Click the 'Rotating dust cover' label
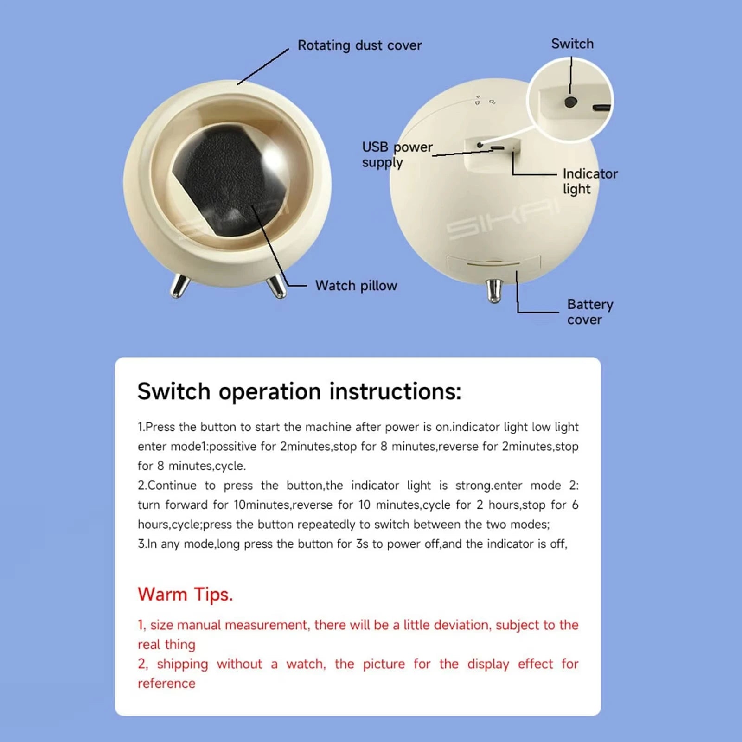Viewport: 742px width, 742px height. point(359,45)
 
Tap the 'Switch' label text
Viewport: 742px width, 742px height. point(572,44)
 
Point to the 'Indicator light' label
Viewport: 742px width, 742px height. point(589,181)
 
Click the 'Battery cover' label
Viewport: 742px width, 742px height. point(589,312)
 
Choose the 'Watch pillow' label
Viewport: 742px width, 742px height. point(356,285)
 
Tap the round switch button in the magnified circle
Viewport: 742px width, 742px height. point(570,102)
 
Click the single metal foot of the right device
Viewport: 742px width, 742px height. point(495,290)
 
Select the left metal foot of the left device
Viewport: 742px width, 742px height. point(179,285)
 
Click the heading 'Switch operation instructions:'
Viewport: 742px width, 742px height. point(299,391)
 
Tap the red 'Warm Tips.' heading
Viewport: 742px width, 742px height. point(185,594)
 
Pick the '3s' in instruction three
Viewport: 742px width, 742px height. point(362,544)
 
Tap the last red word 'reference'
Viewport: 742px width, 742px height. point(166,683)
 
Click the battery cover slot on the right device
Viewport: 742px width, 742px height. point(493,265)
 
